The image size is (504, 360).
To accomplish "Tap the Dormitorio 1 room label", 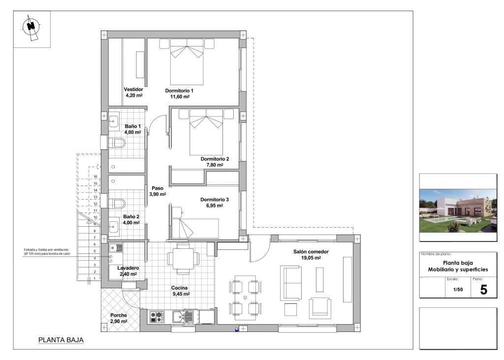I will coord(179,91).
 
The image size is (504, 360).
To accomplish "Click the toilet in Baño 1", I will coord(117,144).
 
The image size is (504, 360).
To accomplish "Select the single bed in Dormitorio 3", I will coord(195,228).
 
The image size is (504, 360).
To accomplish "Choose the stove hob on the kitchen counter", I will coord(157,317).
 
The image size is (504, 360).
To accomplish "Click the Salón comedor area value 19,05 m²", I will coord(311,258).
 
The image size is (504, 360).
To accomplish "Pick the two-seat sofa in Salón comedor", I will coord(290,283).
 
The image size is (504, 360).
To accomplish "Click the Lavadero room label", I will coord(127,268).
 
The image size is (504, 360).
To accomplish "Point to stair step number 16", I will coord(95,176).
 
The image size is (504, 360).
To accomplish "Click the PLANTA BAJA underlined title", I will coord(61,340).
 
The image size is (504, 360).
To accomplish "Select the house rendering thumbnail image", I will coord(458,208).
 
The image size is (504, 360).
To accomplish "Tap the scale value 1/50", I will coord(458,290).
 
